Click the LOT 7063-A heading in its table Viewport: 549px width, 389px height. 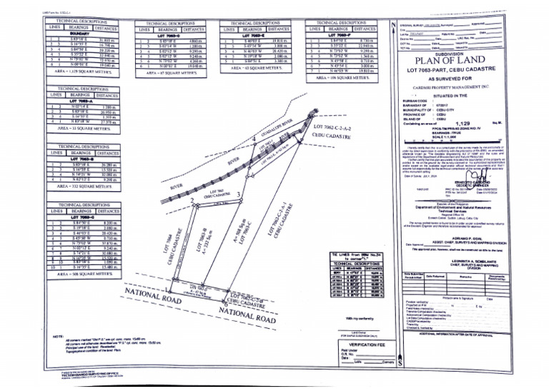[x=82, y=101]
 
